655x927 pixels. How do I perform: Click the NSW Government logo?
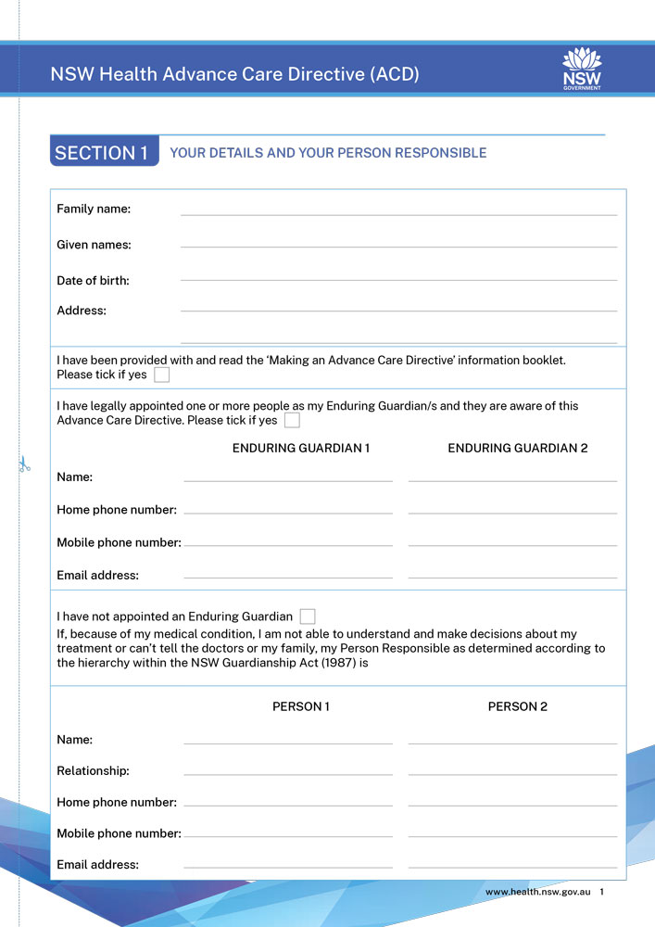[x=582, y=70]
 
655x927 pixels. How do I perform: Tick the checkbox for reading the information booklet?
[x=162, y=375]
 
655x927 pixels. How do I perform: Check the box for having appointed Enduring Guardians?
[x=292, y=421]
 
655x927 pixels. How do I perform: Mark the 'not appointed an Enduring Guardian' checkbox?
[x=308, y=616]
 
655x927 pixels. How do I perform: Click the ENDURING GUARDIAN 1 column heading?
[x=301, y=449]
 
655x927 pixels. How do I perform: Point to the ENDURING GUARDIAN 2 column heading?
[x=518, y=449]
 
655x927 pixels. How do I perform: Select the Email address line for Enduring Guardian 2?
[x=512, y=576]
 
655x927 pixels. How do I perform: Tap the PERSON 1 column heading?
[x=301, y=706]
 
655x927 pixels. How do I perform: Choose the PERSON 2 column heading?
[x=518, y=706]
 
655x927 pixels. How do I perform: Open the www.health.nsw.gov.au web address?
[x=538, y=892]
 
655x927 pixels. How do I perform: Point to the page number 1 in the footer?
[x=602, y=892]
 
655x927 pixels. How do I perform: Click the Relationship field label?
[x=93, y=771]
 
